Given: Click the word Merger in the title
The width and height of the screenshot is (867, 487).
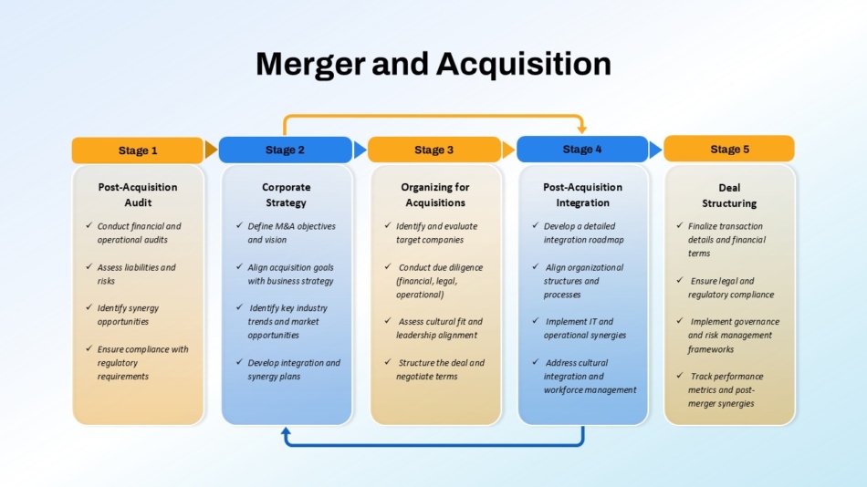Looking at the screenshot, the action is (x=310, y=65).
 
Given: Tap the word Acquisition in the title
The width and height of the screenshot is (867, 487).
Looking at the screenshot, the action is (x=524, y=64).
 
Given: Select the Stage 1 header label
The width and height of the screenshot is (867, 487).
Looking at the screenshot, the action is (x=138, y=150).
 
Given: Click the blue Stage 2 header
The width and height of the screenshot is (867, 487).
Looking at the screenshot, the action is (x=286, y=150).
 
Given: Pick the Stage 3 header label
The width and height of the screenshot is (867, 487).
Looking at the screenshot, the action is (x=434, y=150).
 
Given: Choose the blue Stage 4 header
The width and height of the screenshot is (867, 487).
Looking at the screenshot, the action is (x=582, y=150).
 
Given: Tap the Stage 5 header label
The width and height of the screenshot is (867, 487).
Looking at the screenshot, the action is (x=729, y=150).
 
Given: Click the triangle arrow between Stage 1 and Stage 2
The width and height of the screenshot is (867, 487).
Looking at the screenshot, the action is (x=211, y=150).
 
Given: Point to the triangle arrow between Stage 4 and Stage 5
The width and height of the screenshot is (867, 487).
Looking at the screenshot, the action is (x=656, y=150).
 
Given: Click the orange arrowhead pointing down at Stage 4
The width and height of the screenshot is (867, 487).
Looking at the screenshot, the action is (x=581, y=130).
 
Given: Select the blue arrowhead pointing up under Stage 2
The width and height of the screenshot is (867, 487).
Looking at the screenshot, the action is (x=286, y=431).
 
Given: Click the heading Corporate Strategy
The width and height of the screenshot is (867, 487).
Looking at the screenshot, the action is (x=286, y=195).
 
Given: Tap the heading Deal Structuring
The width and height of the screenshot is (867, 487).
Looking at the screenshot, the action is (x=729, y=196).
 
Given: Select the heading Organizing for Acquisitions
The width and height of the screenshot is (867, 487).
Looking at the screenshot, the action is (x=435, y=195).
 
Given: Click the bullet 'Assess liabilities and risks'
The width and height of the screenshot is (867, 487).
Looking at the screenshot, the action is (x=136, y=275).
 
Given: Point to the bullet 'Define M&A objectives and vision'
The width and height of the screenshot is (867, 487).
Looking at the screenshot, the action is (x=291, y=233).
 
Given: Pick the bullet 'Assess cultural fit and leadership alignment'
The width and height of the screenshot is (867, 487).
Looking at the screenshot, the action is (x=439, y=328).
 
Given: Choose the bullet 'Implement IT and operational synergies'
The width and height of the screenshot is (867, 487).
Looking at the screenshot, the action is (x=584, y=328).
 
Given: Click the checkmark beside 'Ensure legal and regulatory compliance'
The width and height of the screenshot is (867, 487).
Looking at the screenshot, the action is (x=680, y=280).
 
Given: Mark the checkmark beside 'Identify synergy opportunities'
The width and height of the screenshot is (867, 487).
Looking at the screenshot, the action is (x=89, y=306).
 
